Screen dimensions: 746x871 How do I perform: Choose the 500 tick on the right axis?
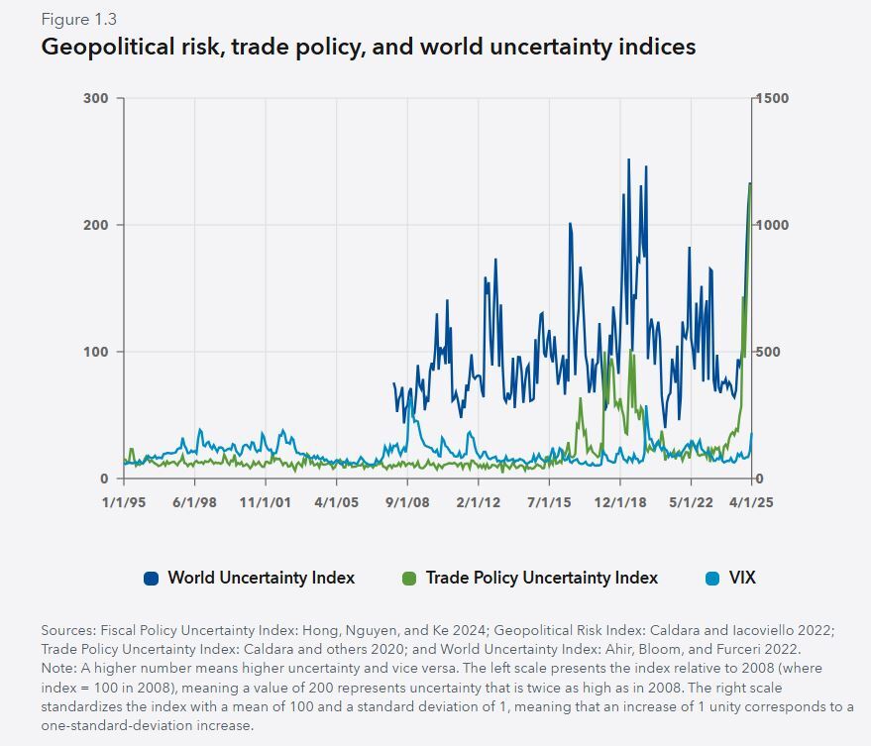point(770,352)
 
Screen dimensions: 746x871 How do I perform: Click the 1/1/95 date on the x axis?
point(124,502)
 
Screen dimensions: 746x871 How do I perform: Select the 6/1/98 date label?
point(194,502)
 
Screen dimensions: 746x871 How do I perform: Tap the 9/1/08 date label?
point(407,502)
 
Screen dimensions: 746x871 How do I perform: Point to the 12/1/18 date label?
point(620,502)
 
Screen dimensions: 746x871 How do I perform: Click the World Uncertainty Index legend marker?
point(151,578)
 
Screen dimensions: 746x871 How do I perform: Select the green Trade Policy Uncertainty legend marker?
point(408,578)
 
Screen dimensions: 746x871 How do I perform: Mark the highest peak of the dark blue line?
point(628,160)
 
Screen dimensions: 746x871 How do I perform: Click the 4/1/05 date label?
point(337,502)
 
